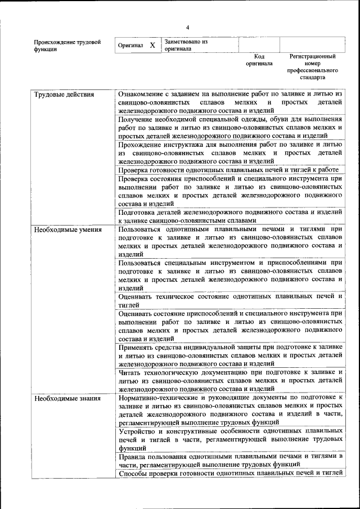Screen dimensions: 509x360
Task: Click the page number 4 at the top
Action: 188,27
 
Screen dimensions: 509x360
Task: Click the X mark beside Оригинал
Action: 152,45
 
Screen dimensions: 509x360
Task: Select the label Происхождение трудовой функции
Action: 67,46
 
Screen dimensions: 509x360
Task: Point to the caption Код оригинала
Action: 259,60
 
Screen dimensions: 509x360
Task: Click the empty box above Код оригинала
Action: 259,45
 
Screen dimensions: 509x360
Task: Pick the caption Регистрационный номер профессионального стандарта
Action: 312,67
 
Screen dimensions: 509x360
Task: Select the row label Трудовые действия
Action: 64,94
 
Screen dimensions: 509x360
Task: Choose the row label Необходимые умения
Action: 67,229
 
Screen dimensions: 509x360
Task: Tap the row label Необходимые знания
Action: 67,399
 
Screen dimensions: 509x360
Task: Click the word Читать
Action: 130,372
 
